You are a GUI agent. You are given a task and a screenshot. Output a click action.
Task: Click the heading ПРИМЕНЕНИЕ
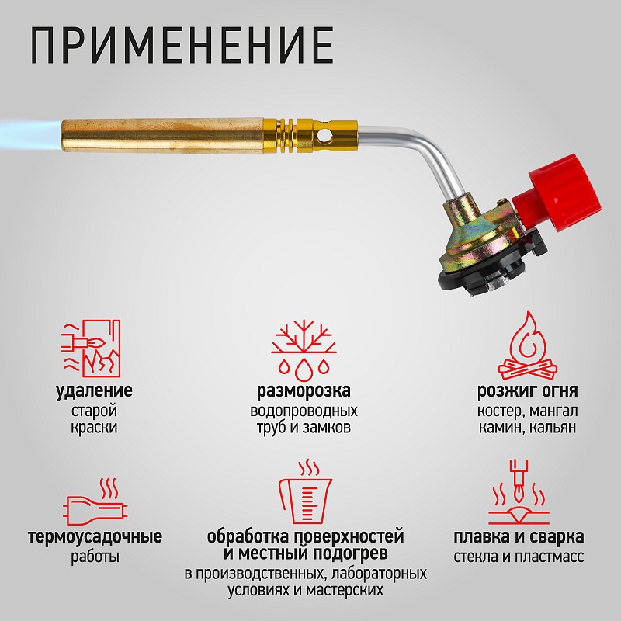click(182, 45)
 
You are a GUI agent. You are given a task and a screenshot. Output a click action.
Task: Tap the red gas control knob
click(559, 193)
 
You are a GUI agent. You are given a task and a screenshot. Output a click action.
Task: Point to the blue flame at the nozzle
click(30, 134)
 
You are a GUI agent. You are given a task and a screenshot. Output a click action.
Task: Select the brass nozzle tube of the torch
click(162, 136)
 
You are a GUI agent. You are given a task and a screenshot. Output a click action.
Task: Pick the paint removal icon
click(91, 348)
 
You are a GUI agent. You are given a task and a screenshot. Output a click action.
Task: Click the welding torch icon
click(519, 492)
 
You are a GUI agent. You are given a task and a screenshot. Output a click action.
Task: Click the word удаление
click(94, 391)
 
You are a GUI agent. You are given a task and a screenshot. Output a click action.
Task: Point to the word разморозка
click(304, 391)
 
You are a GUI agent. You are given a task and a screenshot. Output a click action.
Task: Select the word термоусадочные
click(95, 537)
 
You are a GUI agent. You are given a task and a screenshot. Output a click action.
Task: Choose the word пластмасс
click(550, 557)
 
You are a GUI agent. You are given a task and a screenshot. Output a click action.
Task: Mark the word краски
click(94, 428)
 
